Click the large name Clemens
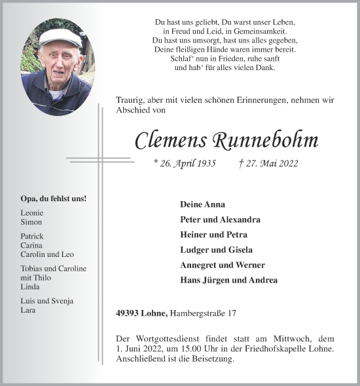pyautogui.click(x=171, y=140)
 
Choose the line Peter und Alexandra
pyautogui.click(x=220, y=220)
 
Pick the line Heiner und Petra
pyautogui.click(x=213, y=235)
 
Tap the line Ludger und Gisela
pyautogui.click(x=216, y=250)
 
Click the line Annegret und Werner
pyautogui.click(x=222, y=265)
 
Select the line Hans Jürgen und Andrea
pyautogui.click(x=228, y=280)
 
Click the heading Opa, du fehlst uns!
pyautogui.click(x=54, y=199)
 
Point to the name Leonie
pyautogui.click(x=33, y=214)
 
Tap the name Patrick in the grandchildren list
pyautogui.click(x=32, y=236)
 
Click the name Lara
pyautogui.click(x=28, y=309)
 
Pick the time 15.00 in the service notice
pyautogui.click(x=182, y=349)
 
